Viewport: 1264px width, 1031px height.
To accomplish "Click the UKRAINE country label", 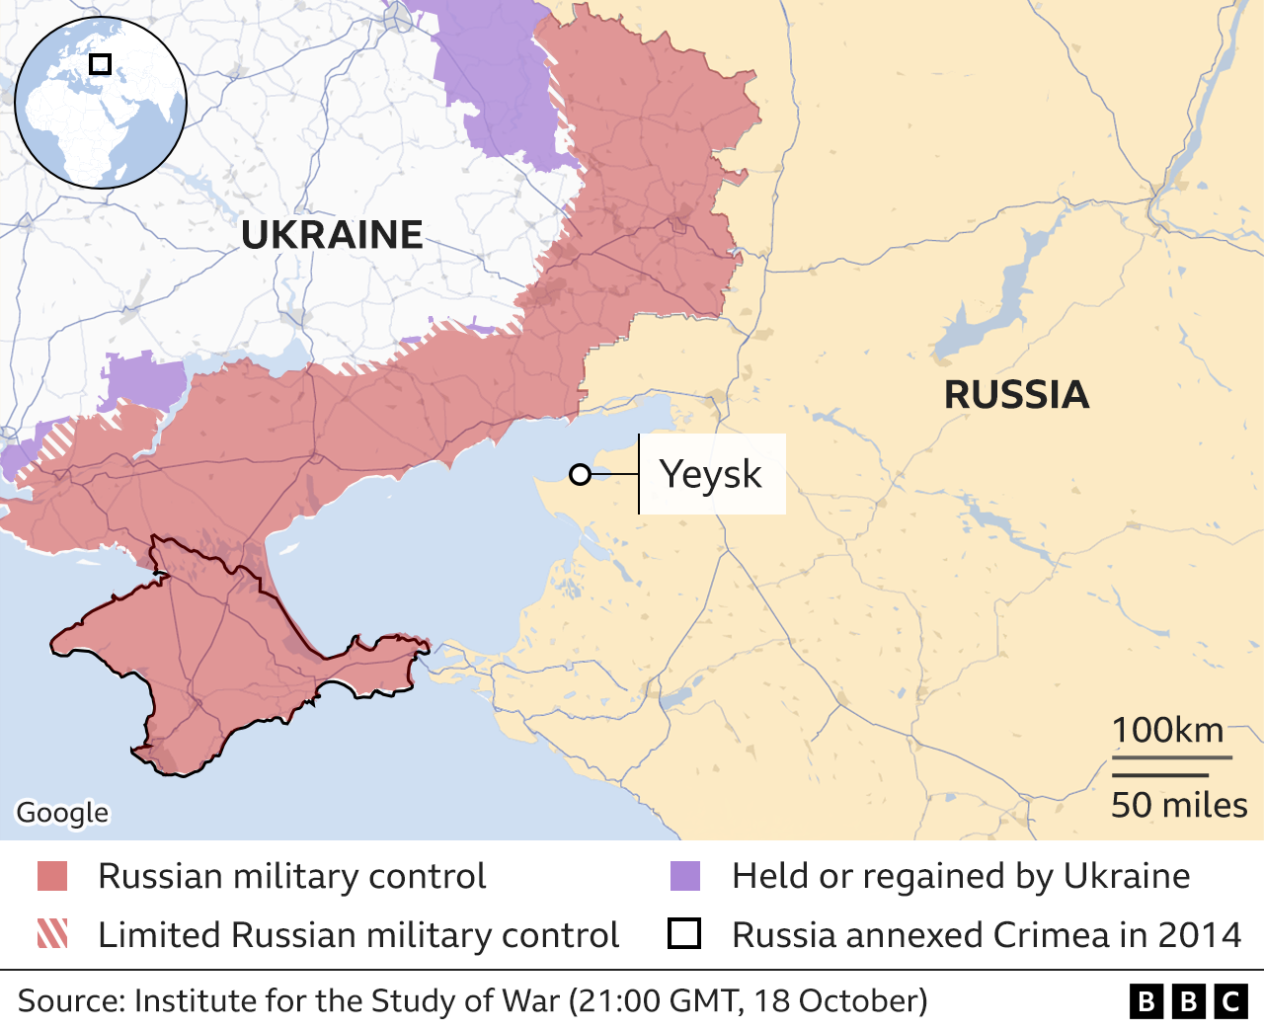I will point(332,235).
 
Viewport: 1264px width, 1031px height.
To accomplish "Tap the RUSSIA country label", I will point(1016,395).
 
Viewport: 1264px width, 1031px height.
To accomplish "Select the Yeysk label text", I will point(710,474).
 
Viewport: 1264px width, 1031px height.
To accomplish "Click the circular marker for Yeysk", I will point(581,475).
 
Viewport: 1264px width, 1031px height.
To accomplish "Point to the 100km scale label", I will point(1167,731).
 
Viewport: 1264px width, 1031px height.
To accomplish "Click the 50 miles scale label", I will point(1179,805).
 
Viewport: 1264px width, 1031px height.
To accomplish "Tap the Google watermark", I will point(62,812).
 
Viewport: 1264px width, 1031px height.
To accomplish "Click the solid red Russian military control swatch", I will point(52,876).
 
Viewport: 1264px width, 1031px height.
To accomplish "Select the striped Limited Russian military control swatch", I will point(52,934).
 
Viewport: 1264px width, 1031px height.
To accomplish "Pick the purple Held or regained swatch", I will point(685,876).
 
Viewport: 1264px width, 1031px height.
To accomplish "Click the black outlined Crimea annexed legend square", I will point(684,934).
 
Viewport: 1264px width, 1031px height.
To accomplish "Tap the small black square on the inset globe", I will point(100,64).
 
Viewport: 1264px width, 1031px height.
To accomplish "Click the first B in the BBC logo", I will point(1145,1001).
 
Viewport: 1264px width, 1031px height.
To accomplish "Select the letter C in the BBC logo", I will point(1230,1001).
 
